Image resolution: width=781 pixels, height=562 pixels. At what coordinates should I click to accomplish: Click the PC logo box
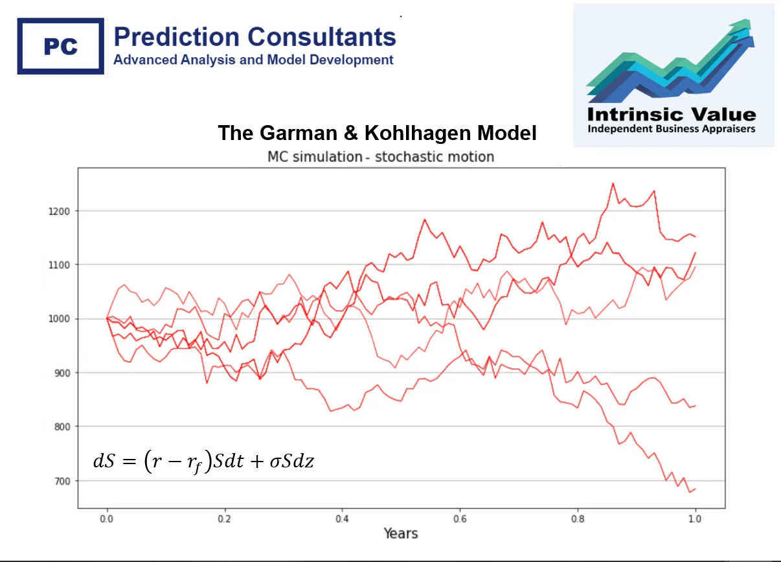[60, 46]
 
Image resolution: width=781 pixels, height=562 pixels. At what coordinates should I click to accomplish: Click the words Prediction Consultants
[255, 36]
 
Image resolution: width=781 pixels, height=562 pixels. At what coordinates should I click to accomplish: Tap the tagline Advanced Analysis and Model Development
[253, 60]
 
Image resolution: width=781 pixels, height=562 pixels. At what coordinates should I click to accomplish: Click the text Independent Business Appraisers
[671, 129]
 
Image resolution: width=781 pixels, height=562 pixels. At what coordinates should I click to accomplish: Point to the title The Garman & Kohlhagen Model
[377, 134]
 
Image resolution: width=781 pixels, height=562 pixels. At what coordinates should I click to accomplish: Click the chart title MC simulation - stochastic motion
[381, 157]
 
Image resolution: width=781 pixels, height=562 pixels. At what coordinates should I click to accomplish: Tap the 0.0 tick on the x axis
[107, 519]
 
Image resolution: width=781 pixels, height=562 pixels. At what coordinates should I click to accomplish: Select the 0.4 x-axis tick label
[342, 519]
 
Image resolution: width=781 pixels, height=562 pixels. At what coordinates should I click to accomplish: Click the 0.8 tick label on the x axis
[578, 519]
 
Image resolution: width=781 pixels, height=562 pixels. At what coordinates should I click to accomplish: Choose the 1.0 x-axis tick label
[695, 519]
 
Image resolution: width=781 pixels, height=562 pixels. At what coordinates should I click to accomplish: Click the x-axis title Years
[400, 534]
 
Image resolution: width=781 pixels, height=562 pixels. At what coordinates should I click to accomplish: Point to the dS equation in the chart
[203, 462]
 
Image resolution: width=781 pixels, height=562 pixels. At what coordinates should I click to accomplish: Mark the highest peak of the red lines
[613, 183]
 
